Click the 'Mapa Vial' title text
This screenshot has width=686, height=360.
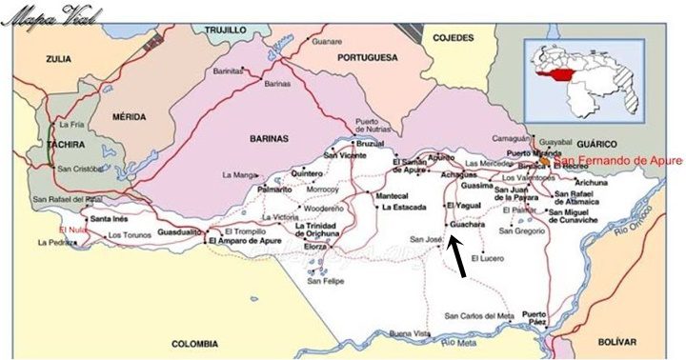pos(43,16)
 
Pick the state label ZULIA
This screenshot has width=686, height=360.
pos(59,59)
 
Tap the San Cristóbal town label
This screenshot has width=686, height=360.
pos(81,170)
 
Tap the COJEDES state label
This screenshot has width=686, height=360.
pos(454,37)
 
